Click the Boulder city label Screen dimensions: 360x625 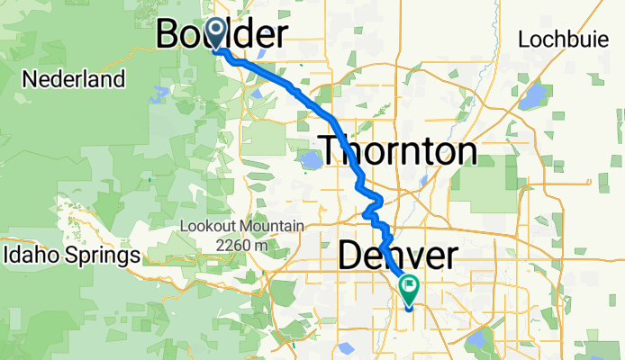tap(222, 34)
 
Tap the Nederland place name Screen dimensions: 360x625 tap(73, 79)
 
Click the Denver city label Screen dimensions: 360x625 tap(397, 256)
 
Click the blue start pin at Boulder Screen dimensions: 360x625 tap(216, 34)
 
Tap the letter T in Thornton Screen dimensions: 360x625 tap(331, 150)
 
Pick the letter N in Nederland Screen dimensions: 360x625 tap(29, 79)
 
